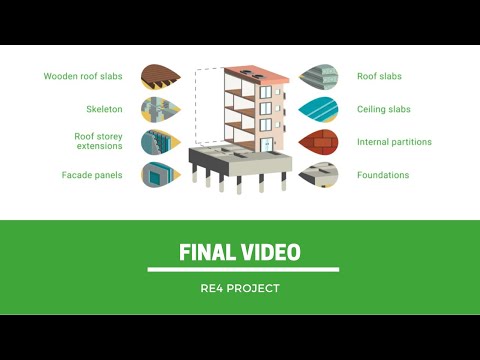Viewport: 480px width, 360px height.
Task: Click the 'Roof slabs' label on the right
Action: coord(379,76)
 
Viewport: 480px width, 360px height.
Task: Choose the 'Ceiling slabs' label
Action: coord(384,109)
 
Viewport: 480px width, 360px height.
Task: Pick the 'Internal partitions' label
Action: coord(394,142)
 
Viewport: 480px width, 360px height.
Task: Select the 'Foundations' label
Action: coord(383,175)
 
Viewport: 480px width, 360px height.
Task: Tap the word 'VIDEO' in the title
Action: coord(270,252)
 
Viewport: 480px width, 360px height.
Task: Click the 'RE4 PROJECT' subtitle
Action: coord(240,289)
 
